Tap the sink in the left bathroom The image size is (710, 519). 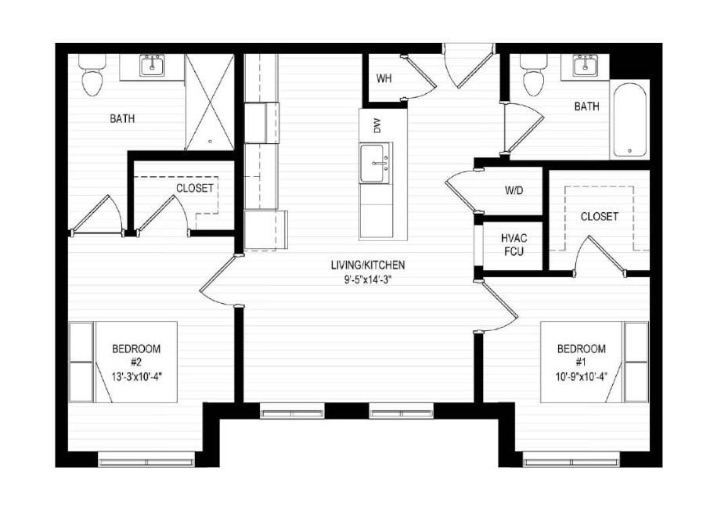[152, 66]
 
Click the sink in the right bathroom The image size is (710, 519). [583, 66]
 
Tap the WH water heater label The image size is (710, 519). [384, 78]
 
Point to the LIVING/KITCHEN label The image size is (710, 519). [367, 265]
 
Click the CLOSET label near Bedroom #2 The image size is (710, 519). [195, 189]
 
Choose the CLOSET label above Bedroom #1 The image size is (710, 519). [600, 216]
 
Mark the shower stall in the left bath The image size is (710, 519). [210, 102]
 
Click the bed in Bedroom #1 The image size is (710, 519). [595, 361]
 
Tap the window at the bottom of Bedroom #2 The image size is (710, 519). [146, 459]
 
